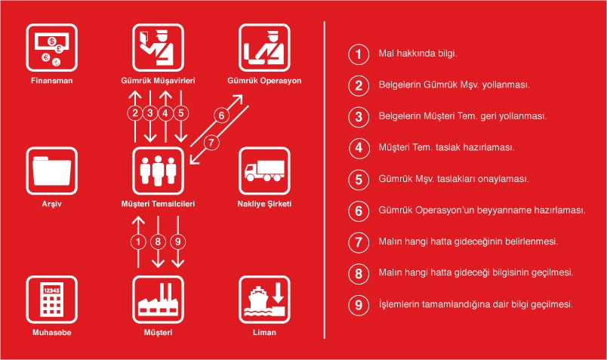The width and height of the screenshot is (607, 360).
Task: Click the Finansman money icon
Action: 52,48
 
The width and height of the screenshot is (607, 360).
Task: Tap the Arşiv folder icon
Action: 52,171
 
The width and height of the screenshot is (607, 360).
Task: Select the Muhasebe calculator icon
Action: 52,300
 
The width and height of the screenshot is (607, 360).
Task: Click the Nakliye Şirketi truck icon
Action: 264,171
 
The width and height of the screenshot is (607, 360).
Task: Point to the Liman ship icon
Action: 264,300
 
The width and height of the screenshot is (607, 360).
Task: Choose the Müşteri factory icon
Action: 158,300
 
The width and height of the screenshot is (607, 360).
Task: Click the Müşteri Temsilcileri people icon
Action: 158,171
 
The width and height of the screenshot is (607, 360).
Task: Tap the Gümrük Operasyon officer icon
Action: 264,48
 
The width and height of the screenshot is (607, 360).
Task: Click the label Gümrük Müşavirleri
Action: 158,81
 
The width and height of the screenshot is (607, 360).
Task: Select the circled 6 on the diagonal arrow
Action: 221,115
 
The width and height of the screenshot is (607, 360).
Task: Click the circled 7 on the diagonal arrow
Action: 211,143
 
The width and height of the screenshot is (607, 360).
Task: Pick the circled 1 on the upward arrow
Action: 138,242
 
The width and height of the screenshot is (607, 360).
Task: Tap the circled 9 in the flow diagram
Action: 177,242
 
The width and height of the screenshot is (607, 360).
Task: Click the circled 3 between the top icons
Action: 150,113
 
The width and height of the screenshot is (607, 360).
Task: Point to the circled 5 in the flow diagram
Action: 180,113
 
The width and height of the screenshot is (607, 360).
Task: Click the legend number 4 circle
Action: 359,148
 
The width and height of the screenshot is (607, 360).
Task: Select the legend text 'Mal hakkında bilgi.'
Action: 418,54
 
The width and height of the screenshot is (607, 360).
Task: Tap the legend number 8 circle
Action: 359,274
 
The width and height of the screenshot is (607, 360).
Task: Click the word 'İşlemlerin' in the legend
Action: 399,304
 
